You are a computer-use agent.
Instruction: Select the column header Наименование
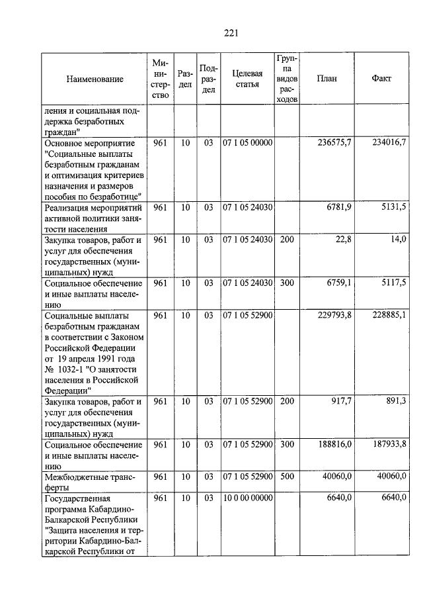[x=95, y=79]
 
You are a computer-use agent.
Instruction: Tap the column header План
[x=327, y=79]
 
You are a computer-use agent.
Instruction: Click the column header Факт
[x=381, y=79]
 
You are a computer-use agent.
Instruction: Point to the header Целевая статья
[x=247, y=79]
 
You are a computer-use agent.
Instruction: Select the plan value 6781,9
[x=338, y=207]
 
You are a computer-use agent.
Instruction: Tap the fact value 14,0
[x=397, y=240]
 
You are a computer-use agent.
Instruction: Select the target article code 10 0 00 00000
[x=247, y=498]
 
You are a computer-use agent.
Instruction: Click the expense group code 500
[x=286, y=477]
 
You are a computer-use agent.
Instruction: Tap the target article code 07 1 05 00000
[x=247, y=143]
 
